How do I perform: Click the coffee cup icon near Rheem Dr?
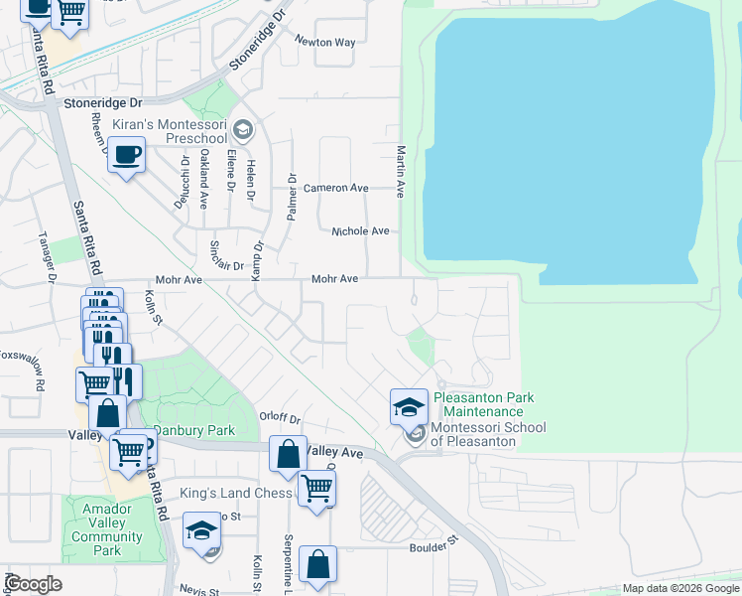[x=126, y=155]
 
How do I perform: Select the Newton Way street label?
[x=324, y=43]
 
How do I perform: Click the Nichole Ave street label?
[x=360, y=230]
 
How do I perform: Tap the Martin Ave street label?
[x=401, y=171]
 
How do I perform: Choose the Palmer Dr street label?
[x=292, y=199]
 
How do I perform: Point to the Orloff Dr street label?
[x=279, y=418]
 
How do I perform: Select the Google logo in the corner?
[x=32, y=584]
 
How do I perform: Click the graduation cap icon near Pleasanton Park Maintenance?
[x=409, y=406]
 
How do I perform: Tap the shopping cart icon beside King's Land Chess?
[x=316, y=488]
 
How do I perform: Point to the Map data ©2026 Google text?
[x=680, y=588]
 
